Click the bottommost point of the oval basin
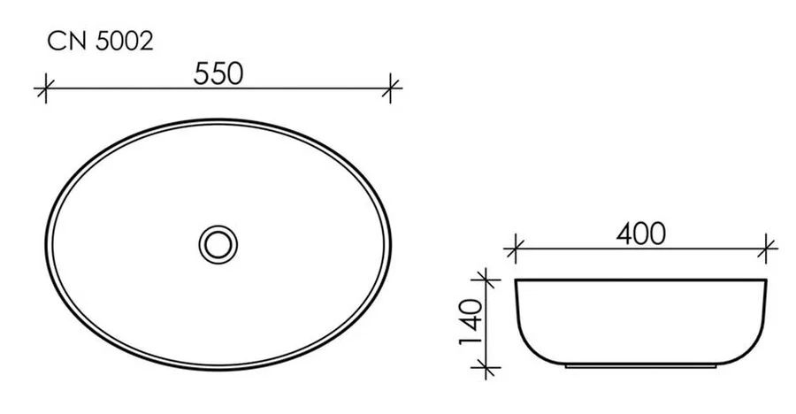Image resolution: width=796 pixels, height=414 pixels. coord(218,370)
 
